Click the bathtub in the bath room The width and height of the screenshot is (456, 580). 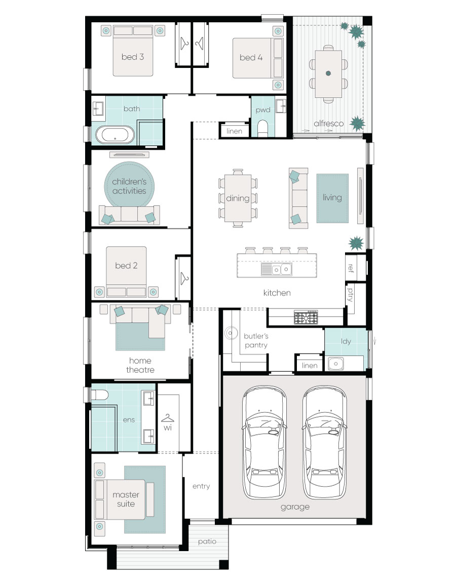pyautogui.click(x=116, y=135)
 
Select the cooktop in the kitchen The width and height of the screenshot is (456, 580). pyautogui.click(x=306, y=318)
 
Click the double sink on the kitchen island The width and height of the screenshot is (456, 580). pyautogui.click(x=277, y=269)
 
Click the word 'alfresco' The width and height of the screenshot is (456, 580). pyautogui.click(x=328, y=123)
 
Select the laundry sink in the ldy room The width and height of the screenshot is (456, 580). pyautogui.click(x=335, y=363)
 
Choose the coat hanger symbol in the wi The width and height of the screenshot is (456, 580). pyautogui.click(x=168, y=418)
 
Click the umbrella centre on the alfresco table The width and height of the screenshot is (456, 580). pyautogui.click(x=328, y=73)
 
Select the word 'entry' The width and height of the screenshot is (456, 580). pyautogui.click(x=201, y=486)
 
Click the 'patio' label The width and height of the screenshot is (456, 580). pyautogui.click(x=207, y=542)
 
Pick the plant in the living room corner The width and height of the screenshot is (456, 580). pyautogui.click(x=356, y=244)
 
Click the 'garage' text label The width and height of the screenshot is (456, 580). pyautogui.click(x=294, y=507)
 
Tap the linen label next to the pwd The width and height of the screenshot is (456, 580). pyautogui.click(x=235, y=131)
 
